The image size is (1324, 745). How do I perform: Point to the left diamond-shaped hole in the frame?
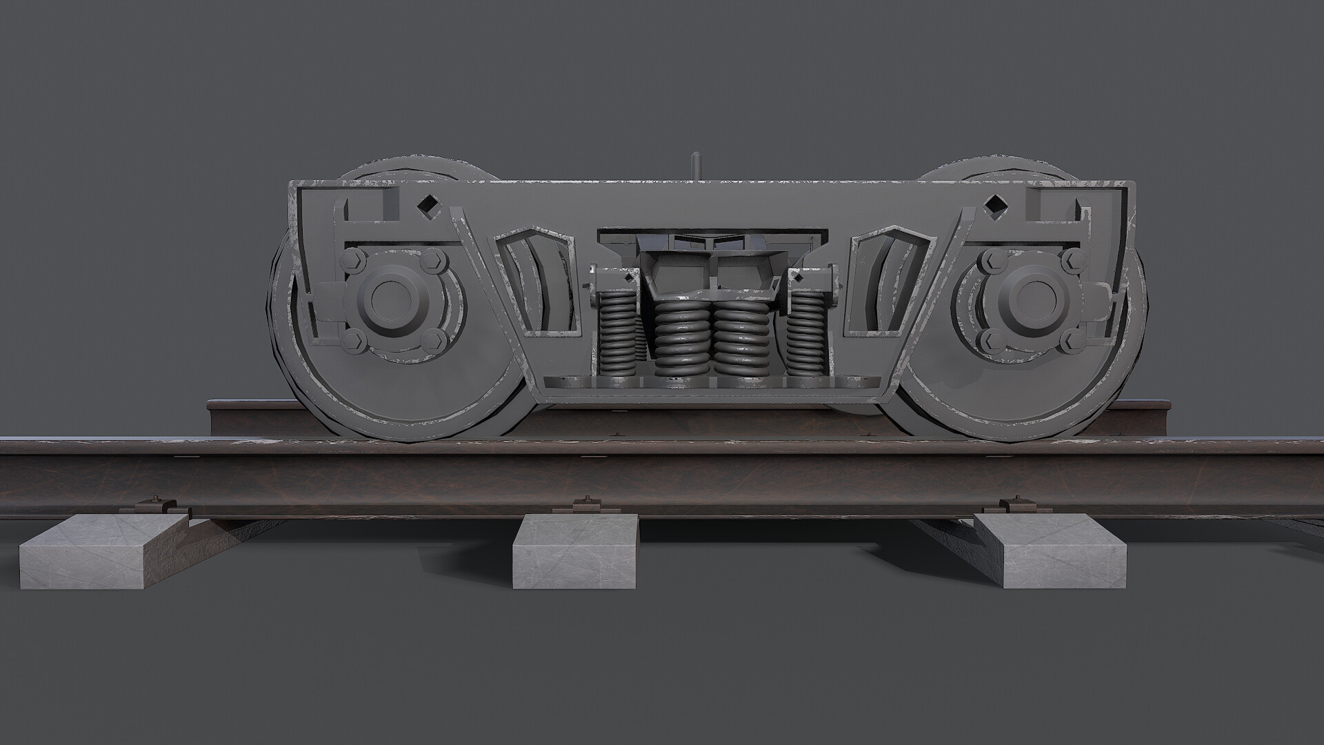point(429,205)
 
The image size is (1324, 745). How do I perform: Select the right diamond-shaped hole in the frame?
point(994,205)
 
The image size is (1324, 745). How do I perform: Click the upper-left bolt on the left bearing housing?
point(353,260)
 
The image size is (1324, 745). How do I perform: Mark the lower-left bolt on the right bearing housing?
point(990,338)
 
